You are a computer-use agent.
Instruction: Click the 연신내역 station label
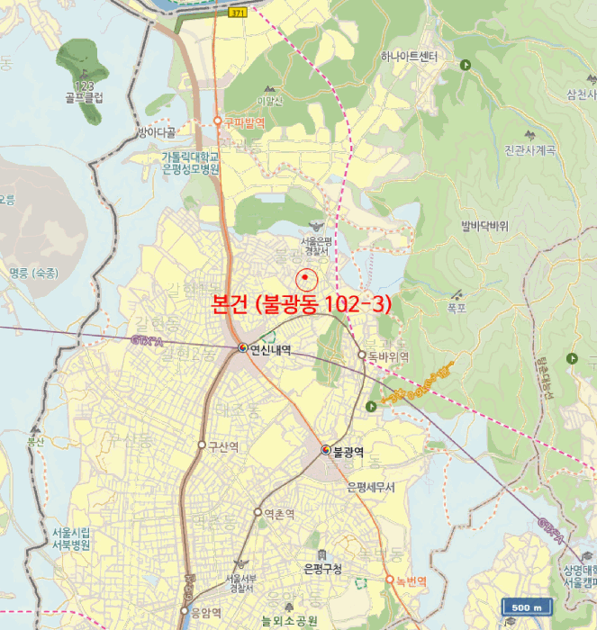coord(271,348)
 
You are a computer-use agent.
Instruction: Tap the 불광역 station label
coord(348,451)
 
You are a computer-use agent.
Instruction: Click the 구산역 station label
coord(222,445)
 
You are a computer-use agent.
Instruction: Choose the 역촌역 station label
coord(280,514)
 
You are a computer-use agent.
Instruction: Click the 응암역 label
coord(206,613)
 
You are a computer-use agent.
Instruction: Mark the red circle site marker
coord(305,277)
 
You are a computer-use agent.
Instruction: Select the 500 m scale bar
coord(527,608)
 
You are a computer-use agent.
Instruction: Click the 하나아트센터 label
coord(408,57)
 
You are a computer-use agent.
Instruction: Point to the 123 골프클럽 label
coord(84,92)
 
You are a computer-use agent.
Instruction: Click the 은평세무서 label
coord(376,487)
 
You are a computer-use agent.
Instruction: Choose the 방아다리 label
coord(158,132)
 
